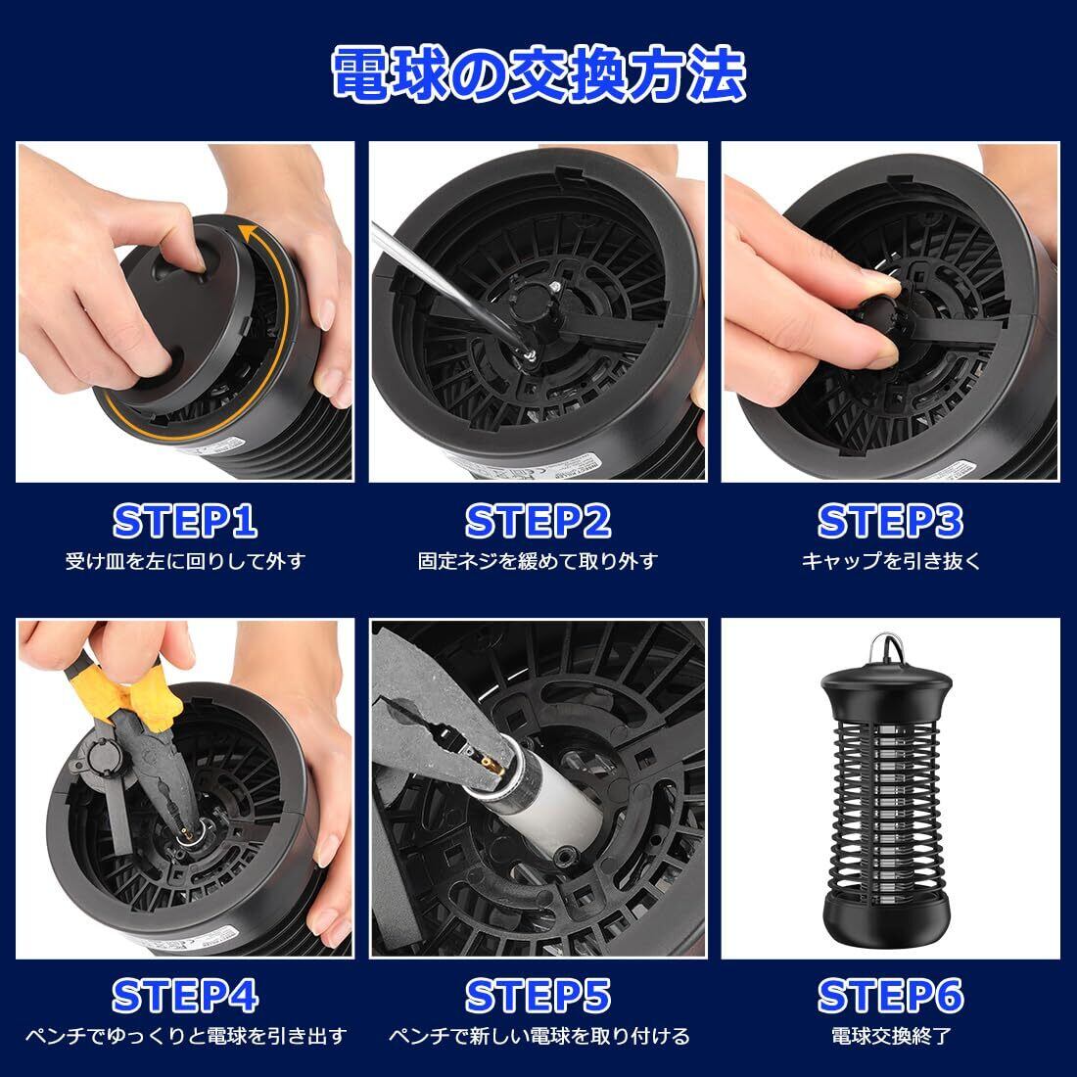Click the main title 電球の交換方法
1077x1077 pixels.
(539, 74)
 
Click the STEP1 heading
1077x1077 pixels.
(185, 521)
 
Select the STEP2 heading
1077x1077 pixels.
(538, 521)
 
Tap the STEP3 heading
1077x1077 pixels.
(890, 521)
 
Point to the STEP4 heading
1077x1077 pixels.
(185, 996)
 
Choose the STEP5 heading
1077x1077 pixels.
(538, 996)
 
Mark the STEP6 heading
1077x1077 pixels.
(890, 996)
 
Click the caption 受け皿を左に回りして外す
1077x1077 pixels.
(185, 561)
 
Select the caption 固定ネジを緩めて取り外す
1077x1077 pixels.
(538, 561)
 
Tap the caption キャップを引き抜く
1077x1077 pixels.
(891, 561)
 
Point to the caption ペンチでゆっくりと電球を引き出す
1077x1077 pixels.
(185, 1036)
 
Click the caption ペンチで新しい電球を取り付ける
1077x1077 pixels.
(538, 1036)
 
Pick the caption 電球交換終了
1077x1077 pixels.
(891, 1036)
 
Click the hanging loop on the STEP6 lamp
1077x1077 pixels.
(887, 649)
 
